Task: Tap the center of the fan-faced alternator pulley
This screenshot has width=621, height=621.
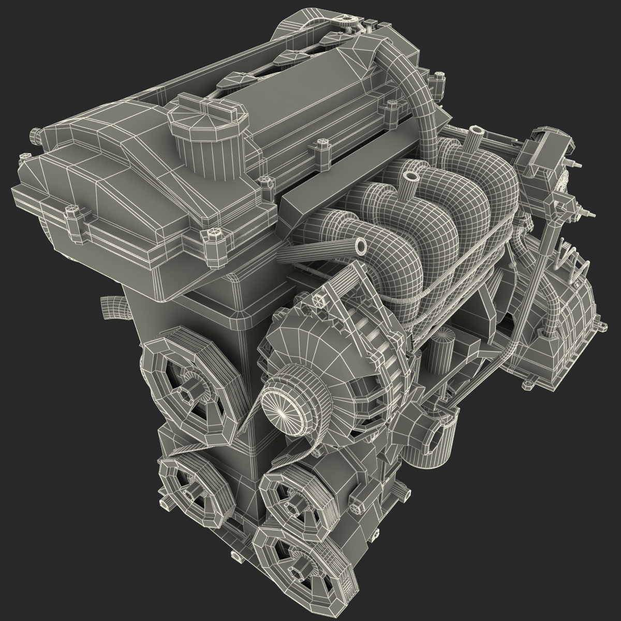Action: pos(280,407)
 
